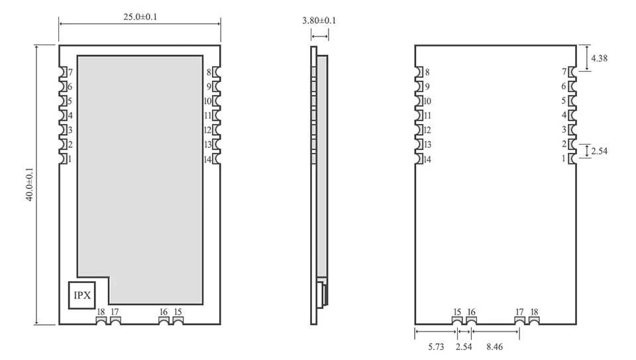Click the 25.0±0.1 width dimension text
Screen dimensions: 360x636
coord(139,17)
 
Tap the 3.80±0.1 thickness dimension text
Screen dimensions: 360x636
coord(319,21)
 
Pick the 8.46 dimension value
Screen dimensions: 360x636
coord(494,345)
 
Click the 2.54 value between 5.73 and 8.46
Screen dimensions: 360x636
coord(464,345)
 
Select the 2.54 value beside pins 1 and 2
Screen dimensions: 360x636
coord(599,151)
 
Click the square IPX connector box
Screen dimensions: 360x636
coord(83,295)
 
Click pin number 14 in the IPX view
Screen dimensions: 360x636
coord(207,159)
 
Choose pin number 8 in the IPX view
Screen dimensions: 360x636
coord(209,72)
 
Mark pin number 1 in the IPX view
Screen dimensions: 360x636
coord(70,159)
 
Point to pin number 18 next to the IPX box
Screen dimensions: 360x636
coord(101,312)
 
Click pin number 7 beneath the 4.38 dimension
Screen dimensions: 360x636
coord(564,72)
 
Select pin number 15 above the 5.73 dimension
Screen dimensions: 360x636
coord(457,312)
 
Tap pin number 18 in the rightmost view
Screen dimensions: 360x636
coord(534,312)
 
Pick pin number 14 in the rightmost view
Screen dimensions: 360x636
coord(427,159)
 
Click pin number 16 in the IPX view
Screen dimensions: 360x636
coord(164,312)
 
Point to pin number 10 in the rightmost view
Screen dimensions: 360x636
coord(427,101)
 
